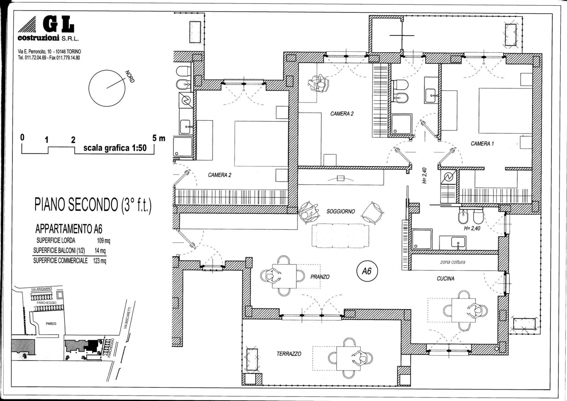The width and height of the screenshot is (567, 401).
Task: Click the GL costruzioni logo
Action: coord(48,29)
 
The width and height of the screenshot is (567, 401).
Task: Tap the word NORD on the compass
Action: coord(130,76)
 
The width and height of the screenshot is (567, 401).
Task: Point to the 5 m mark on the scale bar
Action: coord(159,138)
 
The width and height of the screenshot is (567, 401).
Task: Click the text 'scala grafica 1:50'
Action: coord(115,148)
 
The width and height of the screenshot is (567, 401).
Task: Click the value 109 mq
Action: coord(104,241)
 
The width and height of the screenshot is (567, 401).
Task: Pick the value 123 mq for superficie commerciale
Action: coord(99,261)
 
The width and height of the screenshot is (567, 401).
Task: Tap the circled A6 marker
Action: coord(367,272)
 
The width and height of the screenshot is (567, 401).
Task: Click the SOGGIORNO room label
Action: coord(341,211)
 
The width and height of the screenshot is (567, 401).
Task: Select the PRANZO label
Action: coord(320,277)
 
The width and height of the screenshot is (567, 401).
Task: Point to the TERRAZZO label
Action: coord(289,354)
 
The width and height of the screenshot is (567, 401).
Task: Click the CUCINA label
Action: coord(446,279)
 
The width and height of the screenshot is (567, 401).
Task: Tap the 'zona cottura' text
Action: coord(452,262)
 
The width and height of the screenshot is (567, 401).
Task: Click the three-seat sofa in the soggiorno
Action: coord(341,236)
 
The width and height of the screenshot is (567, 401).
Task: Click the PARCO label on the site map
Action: coord(51,323)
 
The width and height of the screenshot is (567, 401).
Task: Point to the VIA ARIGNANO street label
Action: coord(42,289)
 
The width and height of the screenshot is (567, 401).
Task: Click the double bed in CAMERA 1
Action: coord(505,111)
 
